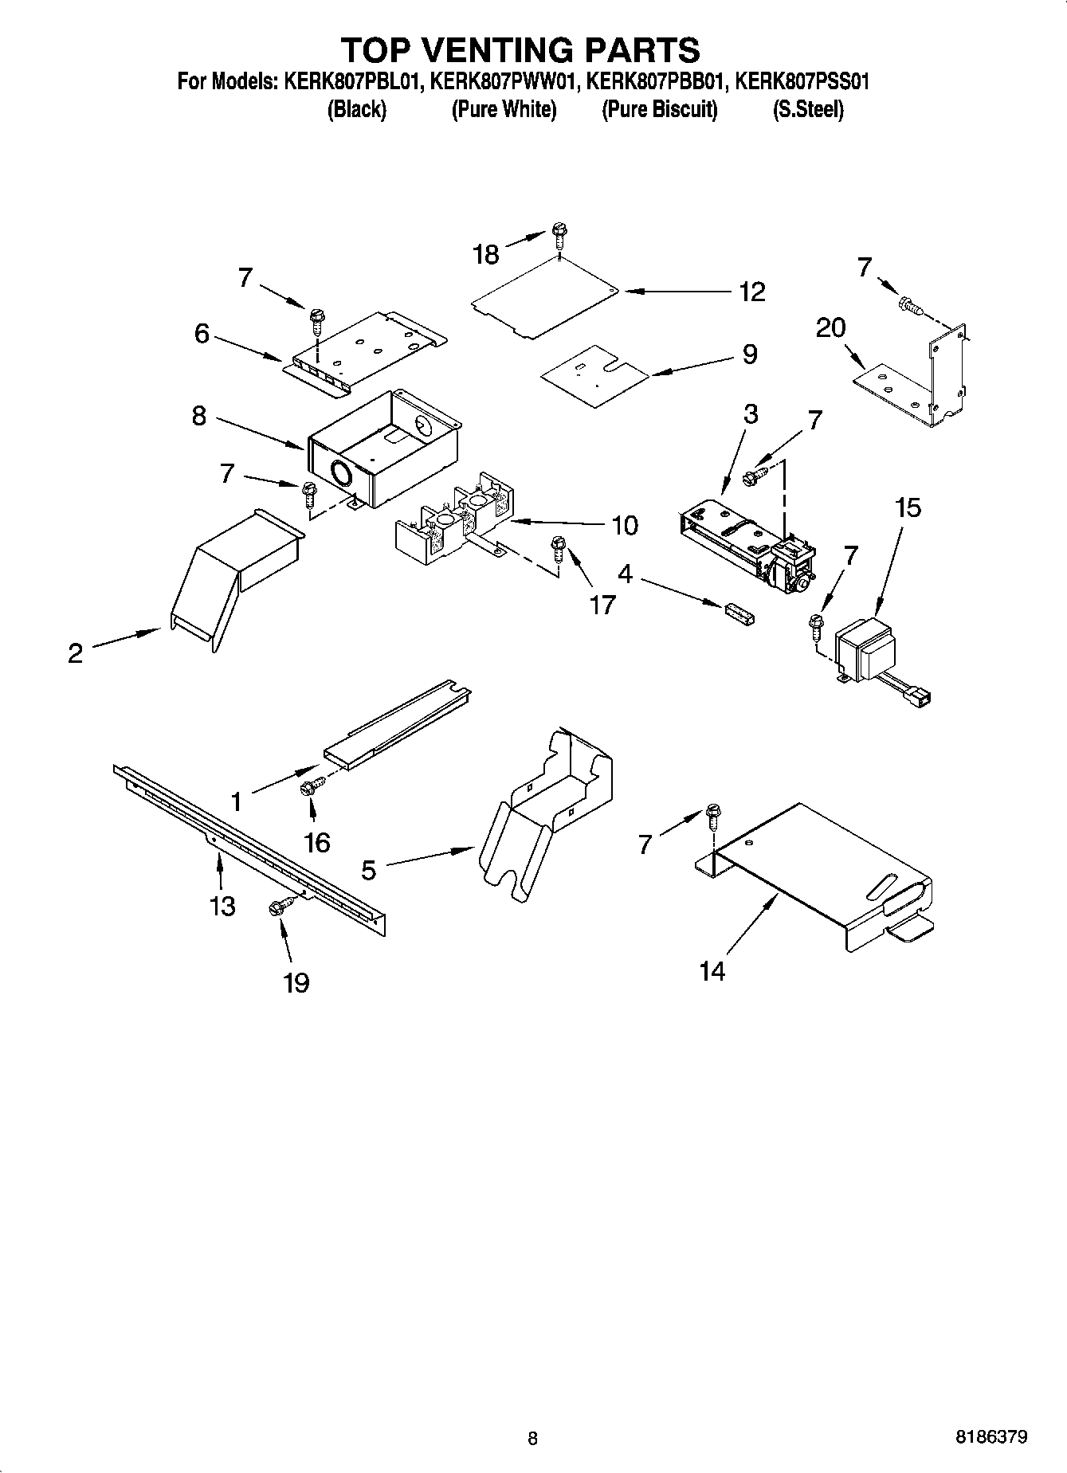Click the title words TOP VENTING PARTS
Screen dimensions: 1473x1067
[x=520, y=49]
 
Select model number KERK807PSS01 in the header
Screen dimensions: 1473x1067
[x=801, y=81]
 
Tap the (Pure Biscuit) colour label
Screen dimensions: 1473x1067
[x=659, y=109]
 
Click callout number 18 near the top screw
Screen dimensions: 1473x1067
[x=485, y=254]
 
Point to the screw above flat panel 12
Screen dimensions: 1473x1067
[x=559, y=235]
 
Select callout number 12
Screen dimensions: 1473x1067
[x=751, y=292]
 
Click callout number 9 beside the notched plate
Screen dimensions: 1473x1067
[x=749, y=355]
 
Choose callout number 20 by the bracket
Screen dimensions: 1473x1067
[x=830, y=327]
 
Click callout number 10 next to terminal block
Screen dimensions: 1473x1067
[x=625, y=525]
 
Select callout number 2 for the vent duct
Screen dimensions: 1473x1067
[x=75, y=654]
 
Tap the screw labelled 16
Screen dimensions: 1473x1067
[x=308, y=788]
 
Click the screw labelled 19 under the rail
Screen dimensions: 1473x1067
[x=279, y=907]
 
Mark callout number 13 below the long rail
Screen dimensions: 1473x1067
[x=223, y=905]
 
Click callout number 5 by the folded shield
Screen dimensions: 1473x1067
[x=368, y=870]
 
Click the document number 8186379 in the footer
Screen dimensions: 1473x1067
[x=991, y=1437]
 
